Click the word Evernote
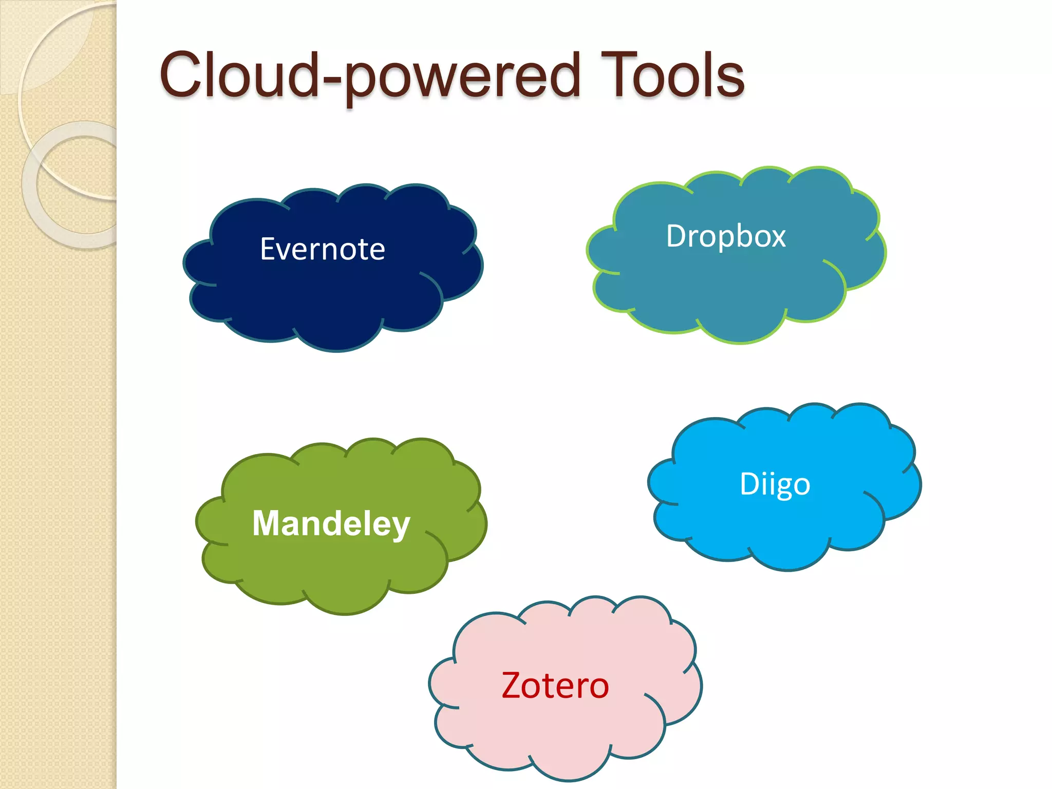click(323, 249)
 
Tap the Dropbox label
click(726, 236)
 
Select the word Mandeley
click(331, 524)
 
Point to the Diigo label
click(775, 484)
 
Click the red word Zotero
click(555, 686)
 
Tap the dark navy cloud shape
click(329, 303)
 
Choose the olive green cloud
click(334, 570)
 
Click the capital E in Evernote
click(268, 249)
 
